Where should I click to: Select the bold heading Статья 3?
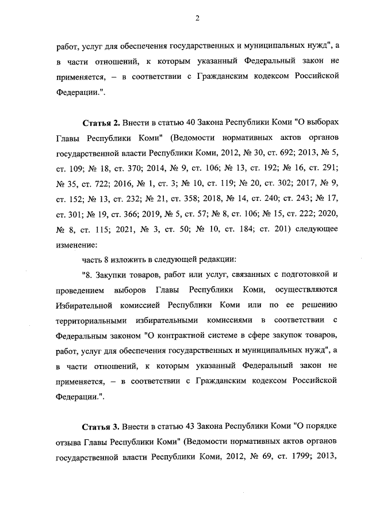[101, 427]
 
